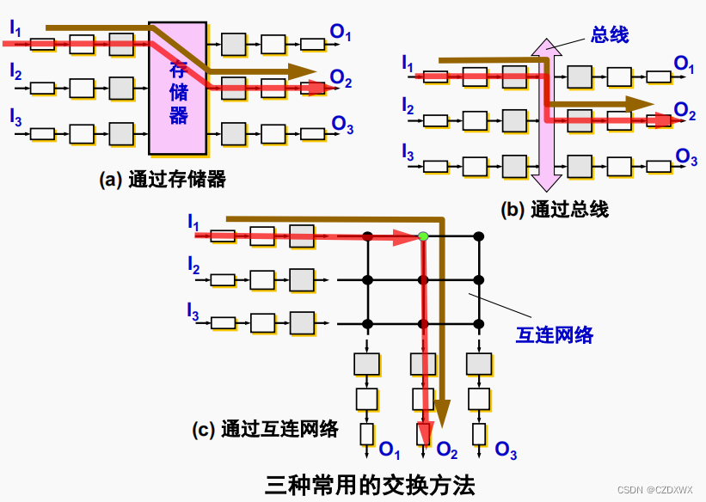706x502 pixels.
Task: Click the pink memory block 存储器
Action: point(178,88)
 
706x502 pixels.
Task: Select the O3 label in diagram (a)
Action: point(341,125)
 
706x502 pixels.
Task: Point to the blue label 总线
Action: point(610,34)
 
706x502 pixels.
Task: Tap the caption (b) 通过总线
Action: point(555,208)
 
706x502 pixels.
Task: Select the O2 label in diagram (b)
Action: point(685,110)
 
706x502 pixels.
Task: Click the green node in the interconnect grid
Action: point(423,236)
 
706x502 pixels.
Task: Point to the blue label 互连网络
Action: point(555,334)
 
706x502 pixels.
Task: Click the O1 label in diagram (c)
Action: point(390,449)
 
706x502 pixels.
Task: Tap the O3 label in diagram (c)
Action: point(506,449)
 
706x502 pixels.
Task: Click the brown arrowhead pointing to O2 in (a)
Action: point(302,71)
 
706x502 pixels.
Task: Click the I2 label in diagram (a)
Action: point(16,72)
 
